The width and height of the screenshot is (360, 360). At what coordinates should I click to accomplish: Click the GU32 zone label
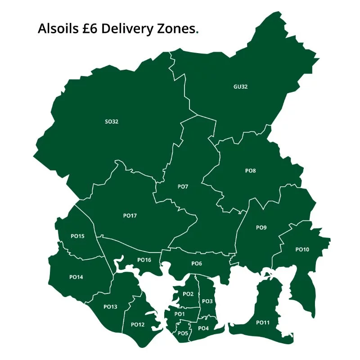(240, 87)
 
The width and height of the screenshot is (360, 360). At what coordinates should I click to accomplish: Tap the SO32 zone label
(111, 121)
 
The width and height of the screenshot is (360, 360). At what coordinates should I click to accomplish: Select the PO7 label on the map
(183, 186)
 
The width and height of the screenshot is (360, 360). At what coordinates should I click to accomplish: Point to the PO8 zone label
(251, 171)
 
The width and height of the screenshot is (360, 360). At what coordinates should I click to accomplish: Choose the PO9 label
(261, 228)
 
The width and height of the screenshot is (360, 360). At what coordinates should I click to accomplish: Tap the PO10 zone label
(302, 249)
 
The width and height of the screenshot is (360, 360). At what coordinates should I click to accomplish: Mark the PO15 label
(77, 236)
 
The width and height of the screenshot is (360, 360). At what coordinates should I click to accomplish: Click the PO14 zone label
(76, 277)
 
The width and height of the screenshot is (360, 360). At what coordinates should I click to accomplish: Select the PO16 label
(144, 260)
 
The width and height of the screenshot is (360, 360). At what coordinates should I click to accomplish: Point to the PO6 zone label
(197, 263)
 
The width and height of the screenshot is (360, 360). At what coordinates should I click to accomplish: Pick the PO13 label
(110, 307)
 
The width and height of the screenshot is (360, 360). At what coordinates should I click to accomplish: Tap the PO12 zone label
(137, 324)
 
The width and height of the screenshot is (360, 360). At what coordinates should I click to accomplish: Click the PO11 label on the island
(263, 323)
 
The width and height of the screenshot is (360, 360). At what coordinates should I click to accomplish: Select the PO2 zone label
(188, 294)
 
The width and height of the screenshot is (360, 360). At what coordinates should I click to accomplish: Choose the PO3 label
(207, 301)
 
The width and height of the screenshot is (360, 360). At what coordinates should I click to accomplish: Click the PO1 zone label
(180, 314)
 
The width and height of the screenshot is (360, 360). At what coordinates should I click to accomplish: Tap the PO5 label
(183, 333)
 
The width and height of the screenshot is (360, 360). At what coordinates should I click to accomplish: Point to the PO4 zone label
(203, 328)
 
